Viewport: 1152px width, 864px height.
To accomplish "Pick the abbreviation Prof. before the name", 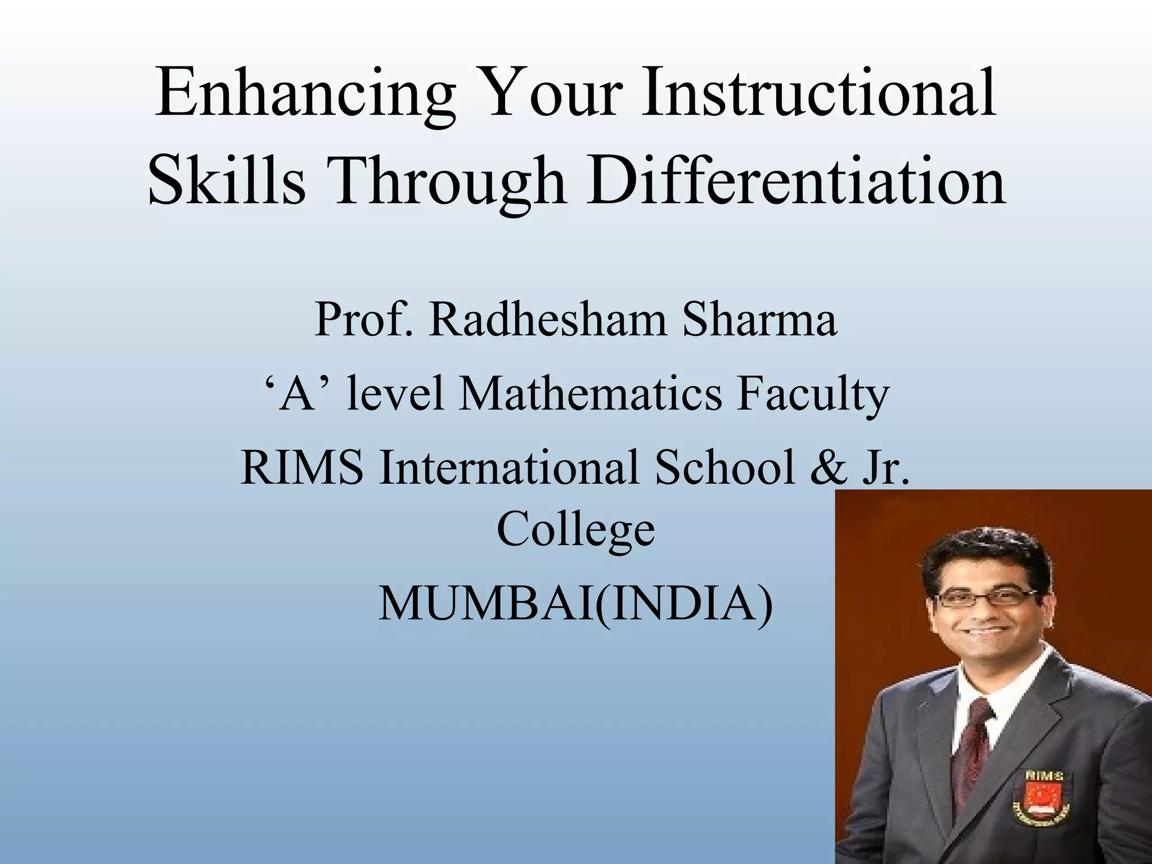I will point(362,319).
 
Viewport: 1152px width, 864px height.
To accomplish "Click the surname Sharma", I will point(759,319).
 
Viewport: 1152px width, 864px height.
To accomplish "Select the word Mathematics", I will point(590,393).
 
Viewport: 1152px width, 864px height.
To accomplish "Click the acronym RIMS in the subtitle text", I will point(301,467).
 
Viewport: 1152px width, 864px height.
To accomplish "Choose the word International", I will point(509,467).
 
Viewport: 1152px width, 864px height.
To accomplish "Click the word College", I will point(575,530).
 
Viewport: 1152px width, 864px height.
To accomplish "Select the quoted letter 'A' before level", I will point(298,393).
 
